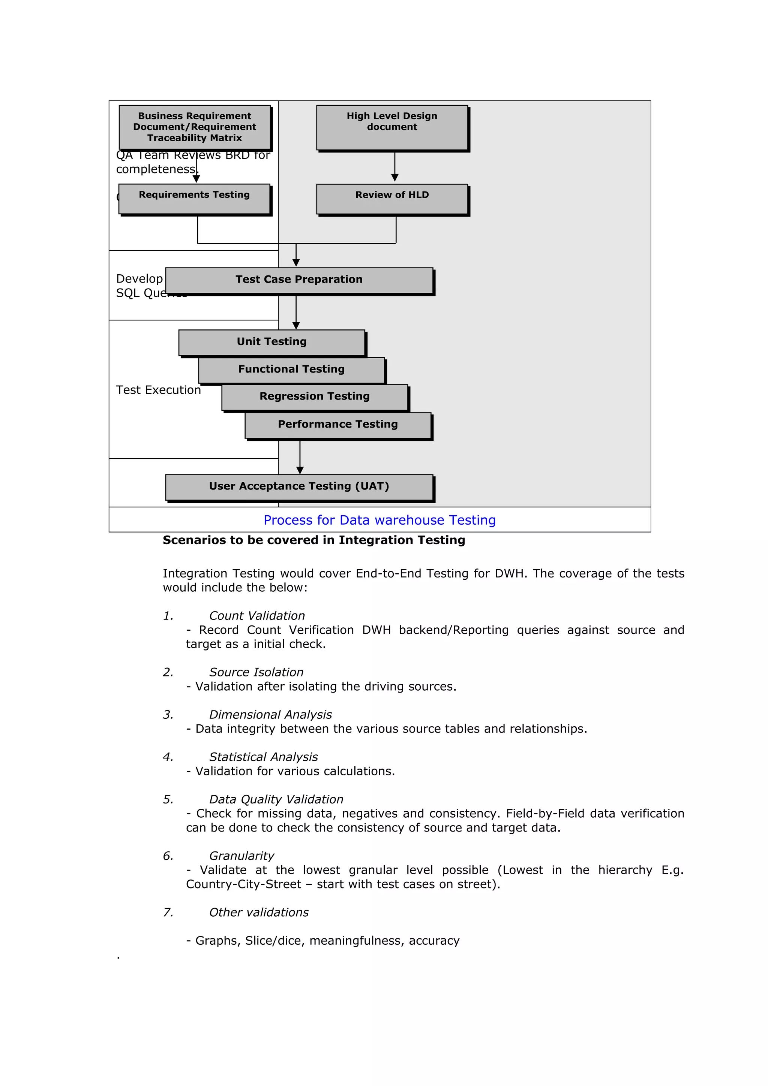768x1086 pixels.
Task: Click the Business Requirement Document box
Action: click(195, 127)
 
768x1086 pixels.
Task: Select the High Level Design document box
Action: click(392, 127)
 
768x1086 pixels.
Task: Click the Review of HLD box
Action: click(392, 199)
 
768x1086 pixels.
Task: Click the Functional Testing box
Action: click(291, 369)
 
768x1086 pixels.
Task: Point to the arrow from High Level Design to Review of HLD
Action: click(394, 166)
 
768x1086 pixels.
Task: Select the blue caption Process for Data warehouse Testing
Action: click(379, 520)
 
